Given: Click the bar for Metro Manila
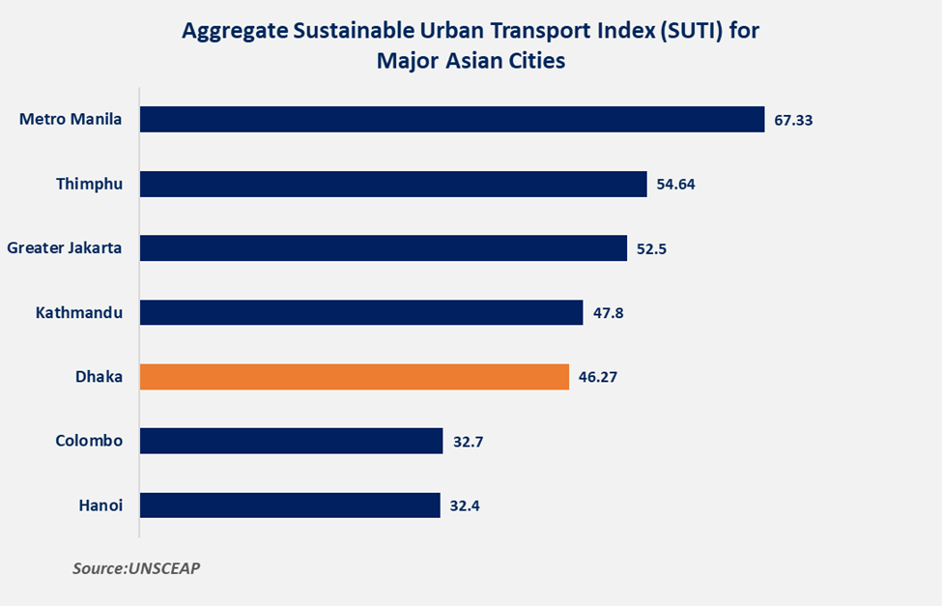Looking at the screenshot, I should click(x=452, y=119).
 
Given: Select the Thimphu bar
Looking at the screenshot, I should click(x=393, y=184).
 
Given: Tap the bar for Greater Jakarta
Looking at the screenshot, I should click(x=384, y=248).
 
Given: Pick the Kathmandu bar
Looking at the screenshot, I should click(x=361, y=312).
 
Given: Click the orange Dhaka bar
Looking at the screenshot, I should click(x=355, y=377).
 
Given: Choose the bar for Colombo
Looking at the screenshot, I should click(x=291, y=441).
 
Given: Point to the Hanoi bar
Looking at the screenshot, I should click(x=290, y=505).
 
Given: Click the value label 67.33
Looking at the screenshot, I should click(x=795, y=120).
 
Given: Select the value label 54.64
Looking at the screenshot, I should click(x=676, y=184).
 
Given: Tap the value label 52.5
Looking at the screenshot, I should click(x=651, y=248).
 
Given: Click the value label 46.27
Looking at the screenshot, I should click(x=598, y=377).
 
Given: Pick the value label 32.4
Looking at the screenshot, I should click(x=466, y=505).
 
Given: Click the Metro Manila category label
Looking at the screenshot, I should click(x=71, y=120).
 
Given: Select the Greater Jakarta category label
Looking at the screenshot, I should click(x=65, y=248).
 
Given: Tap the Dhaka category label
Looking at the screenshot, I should click(x=99, y=377).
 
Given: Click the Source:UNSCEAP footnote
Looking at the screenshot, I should click(x=136, y=568).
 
